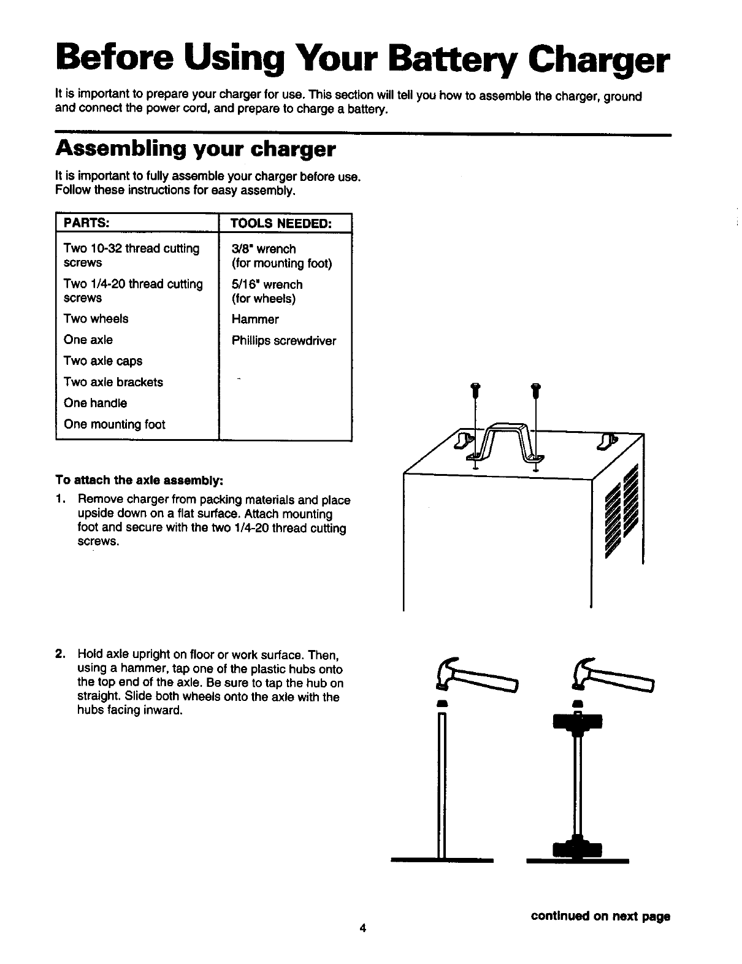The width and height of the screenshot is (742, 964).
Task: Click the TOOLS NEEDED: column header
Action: (281, 222)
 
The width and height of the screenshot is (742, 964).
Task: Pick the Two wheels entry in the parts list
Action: (96, 319)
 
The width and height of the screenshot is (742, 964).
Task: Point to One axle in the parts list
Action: (88, 340)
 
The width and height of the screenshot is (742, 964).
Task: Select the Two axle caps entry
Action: (103, 361)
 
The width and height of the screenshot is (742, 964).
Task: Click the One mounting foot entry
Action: (115, 424)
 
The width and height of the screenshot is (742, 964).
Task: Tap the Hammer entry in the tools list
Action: (255, 319)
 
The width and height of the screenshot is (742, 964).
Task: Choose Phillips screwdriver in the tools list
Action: (284, 341)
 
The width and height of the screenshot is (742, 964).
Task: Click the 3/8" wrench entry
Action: (264, 249)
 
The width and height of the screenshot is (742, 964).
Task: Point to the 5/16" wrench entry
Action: (267, 285)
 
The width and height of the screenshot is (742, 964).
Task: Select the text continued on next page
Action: (600, 916)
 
